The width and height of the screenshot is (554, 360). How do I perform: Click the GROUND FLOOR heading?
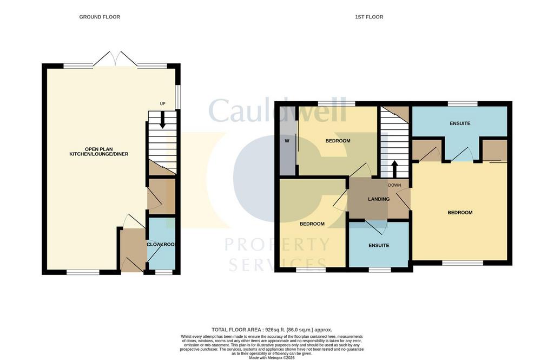[x=100, y=17]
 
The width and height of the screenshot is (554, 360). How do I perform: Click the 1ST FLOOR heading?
[x=369, y=17]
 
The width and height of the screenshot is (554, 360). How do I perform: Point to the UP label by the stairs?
[x=162, y=104]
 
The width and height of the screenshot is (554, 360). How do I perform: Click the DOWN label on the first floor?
[x=394, y=185]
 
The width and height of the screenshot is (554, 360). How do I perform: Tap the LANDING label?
[x=379, y=199]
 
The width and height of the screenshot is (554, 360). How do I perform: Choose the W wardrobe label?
[x=287, y=141]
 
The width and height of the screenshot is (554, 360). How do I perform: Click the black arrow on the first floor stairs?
[x=394, y=168]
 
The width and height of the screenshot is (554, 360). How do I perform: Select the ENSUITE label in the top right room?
[x=460, y=123]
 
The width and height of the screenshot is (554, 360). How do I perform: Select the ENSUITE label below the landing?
[x=379, y=245]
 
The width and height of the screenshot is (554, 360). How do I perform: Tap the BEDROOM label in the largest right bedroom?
[x=460, y=213]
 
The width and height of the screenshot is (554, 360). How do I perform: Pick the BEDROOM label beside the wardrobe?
[x=338, y=141]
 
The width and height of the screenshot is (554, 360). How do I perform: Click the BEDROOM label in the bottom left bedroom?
[x=312, y=224]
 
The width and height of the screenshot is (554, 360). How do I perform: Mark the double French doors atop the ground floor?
[x=115, y=60]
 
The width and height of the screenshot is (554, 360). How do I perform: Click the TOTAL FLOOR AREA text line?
[x=272, y=330]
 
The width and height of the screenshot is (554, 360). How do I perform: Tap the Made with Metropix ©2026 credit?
[x=272, y=358]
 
